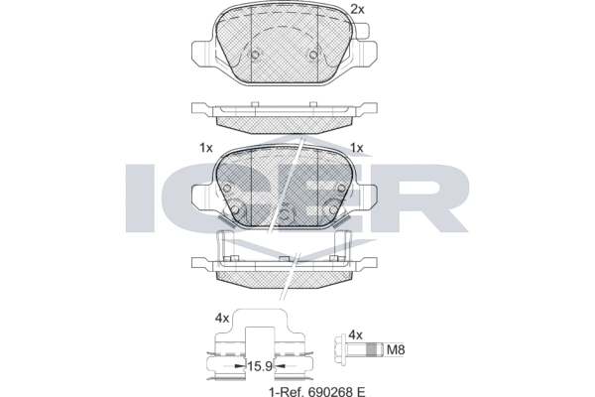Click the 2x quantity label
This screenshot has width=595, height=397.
coord(358,10)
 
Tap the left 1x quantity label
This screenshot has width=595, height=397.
coord(205,148)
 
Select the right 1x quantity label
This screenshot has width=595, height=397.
coord(357,148)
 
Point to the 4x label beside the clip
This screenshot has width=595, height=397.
coord(223,320)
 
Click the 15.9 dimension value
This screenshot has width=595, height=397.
coord(260,366)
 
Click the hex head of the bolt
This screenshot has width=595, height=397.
coord(354,350)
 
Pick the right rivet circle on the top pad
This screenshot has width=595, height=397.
coord(314,56)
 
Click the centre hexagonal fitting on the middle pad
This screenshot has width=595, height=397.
coord(284,209)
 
